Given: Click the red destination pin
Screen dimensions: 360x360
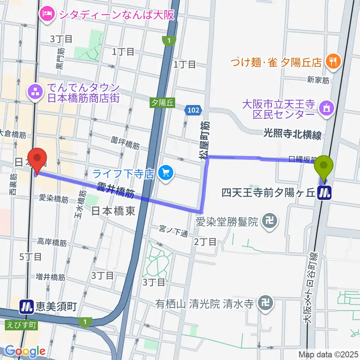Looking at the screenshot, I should coord(39,159).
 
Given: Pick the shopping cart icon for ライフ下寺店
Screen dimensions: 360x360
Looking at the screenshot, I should coord(165,173).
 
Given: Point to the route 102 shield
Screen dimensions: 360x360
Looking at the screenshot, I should coord(193,110).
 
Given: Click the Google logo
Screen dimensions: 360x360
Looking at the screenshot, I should coord(25,351).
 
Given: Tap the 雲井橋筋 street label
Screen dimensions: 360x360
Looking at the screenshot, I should coord(115,189).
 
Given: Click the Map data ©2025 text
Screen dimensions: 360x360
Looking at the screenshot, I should coord(328,354).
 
